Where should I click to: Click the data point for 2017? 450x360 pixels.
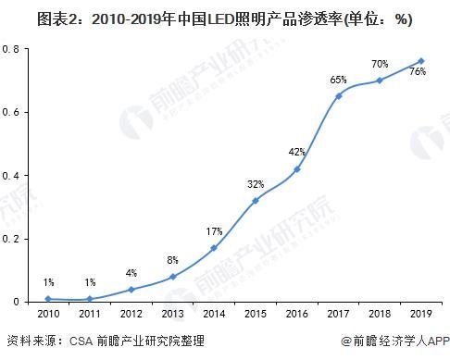[339, 95]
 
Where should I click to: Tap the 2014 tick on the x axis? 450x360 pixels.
[214, 315]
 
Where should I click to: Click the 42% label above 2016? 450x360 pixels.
[296, 152]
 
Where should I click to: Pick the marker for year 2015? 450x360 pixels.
[256, 200]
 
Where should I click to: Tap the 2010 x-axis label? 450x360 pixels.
[48, 315]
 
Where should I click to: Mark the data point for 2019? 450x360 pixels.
[421, 61]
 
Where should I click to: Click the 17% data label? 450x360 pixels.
[214, 231]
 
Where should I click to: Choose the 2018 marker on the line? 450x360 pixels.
[380, 81]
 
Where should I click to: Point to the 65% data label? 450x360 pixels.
[338, 80]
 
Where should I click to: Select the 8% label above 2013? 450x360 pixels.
[172, 260]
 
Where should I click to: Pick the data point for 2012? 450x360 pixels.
[131, 289]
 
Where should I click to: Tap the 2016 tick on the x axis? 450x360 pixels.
[297, 315]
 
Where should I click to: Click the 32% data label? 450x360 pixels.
[255, 183]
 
